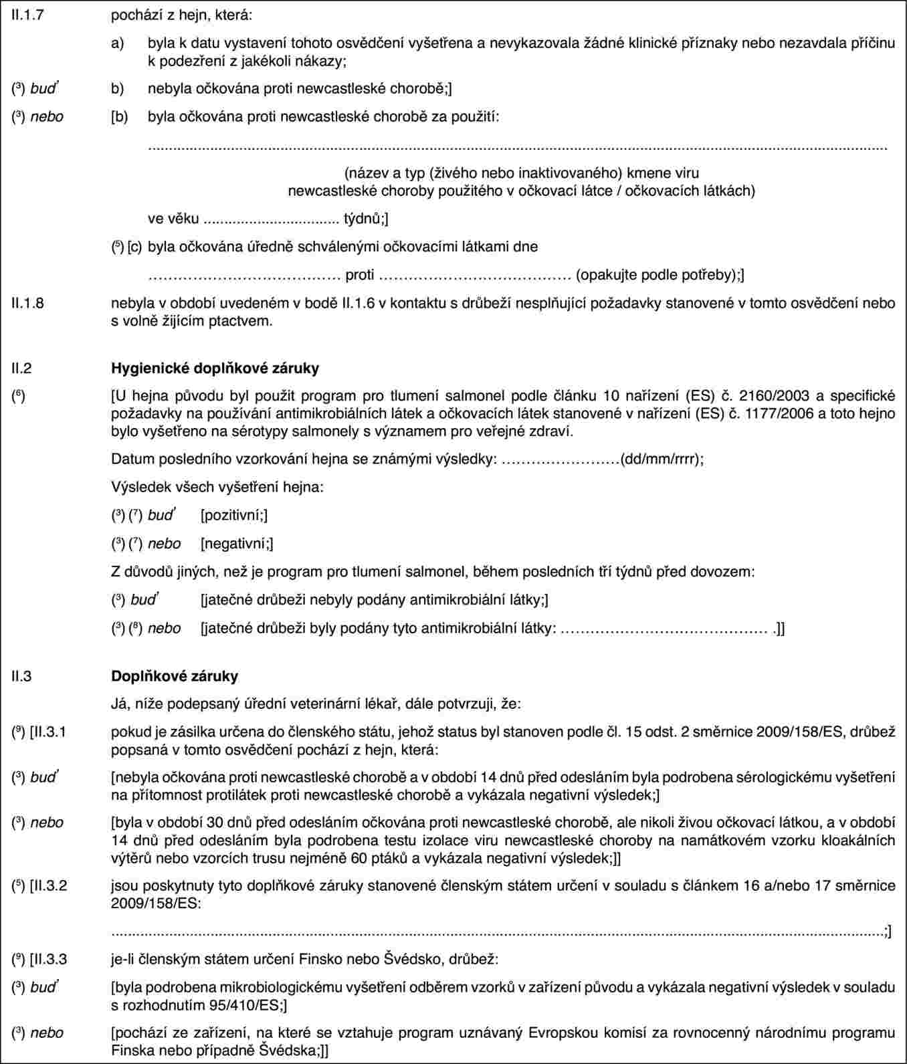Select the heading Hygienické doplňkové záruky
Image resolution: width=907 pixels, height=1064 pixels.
coord(215,368)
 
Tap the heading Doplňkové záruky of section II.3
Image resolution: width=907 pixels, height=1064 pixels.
coord(174,675)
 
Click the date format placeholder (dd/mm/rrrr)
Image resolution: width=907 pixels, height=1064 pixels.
coord(661,459)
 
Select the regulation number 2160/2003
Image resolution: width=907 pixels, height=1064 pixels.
coord(773,396)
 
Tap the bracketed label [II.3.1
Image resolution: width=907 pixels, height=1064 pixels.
coord(49,732)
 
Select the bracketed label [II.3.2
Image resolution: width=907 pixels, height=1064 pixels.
coord(49,885)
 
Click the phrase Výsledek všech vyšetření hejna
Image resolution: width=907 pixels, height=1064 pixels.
coord(217,487)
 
